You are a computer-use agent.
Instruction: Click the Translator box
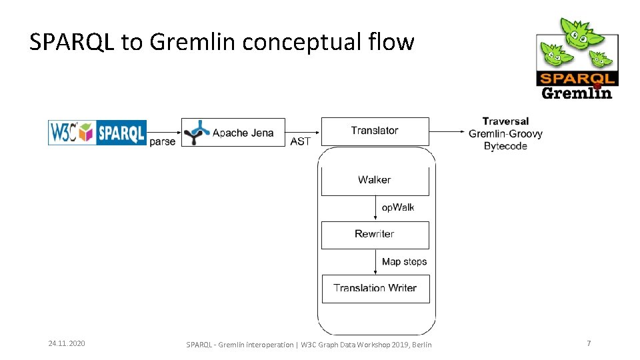click(375, 131)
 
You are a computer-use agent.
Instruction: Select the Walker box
click(375, 180)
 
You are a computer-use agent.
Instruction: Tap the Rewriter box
click(375, 235)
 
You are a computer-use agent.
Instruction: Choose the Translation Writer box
click(375, 289)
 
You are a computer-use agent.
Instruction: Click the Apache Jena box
click(233, 133)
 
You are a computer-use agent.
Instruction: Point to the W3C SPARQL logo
click(97, 132)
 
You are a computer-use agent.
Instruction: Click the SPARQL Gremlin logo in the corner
click(577, 59)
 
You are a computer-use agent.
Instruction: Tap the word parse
click(163, 141)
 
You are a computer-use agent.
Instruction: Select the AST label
click(301, 141)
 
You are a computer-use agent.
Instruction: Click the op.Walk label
click(398, 207)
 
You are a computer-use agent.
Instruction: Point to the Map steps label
click(404, 262)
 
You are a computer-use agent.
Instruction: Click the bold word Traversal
click(505, 121)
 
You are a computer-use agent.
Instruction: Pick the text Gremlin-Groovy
click(505, 133)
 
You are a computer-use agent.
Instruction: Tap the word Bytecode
click(505, 146)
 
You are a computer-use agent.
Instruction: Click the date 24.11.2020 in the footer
click(67, 343)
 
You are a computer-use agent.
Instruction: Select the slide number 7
click(589, 343)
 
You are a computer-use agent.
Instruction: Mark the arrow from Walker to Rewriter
click(375, 209)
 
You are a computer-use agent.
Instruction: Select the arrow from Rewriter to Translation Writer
click(375, 262)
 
